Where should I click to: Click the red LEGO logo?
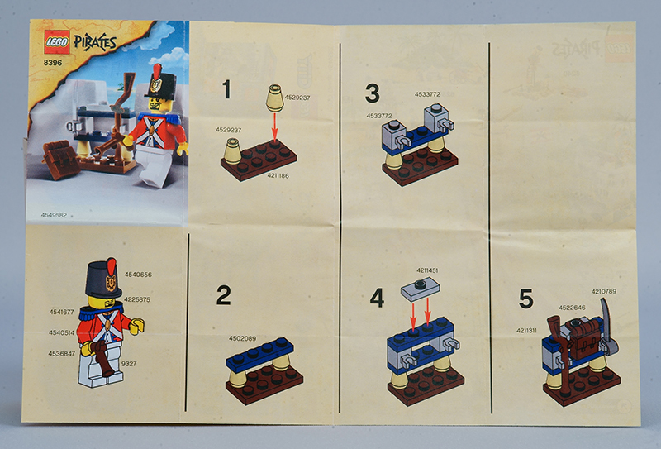click(x=57, y=42)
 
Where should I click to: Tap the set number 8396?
click(x=53, y=63)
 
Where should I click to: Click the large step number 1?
click(x=226, y=89)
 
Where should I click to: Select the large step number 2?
click(x=223, y=295)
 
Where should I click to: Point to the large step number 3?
click(x=373, y=93)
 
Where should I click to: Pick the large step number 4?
click(x=377, y=298)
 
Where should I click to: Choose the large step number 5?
click(x=526, y=299)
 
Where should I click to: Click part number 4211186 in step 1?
click(x=278, y=175)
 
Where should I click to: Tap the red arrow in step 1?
click(x=275, y=127)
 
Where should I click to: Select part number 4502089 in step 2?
click(x=242, y=338)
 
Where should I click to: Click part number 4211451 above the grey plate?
click(x=427, y=270)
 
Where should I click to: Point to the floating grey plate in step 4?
click(x=421, y=290)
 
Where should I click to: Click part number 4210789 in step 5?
click(x=604, y=291)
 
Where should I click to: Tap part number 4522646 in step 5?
click(x=572, y=308)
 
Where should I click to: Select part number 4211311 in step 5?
click(x=526, y=331)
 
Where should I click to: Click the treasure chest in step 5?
click(x=584, y=337)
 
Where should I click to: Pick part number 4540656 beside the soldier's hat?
click(x=138, y=275)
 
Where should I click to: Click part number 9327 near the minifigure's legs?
click(x=129, y=363)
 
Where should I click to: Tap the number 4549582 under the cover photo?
click(x=54, y=215)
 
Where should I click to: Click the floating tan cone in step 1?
click(x=275, y=98)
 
